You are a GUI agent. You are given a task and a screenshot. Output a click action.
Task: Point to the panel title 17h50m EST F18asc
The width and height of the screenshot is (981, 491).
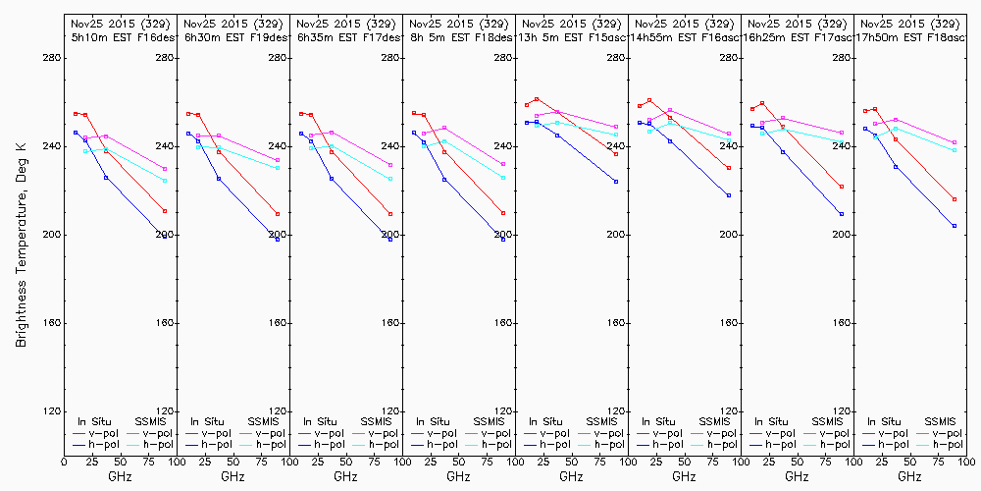coord(909,36)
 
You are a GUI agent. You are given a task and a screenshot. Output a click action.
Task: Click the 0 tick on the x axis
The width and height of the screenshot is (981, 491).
coord(65,459)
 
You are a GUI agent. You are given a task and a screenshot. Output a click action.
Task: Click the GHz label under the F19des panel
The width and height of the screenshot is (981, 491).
coord(232,476)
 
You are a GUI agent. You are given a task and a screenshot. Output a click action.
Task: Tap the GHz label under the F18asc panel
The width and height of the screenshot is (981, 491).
coord(909,476)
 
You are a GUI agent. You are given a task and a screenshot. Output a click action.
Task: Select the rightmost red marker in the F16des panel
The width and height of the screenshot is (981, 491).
coord(165,211)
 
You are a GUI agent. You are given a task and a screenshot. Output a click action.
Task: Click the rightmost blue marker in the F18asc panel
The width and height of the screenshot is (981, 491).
coord(955,226)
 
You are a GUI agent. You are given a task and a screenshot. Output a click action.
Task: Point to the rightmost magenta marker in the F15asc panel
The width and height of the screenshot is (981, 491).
coord(616,127)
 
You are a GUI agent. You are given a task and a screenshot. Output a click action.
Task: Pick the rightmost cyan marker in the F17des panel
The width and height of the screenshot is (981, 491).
coord(390,178)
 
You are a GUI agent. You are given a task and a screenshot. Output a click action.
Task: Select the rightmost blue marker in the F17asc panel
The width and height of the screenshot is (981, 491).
coord(842,214)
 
